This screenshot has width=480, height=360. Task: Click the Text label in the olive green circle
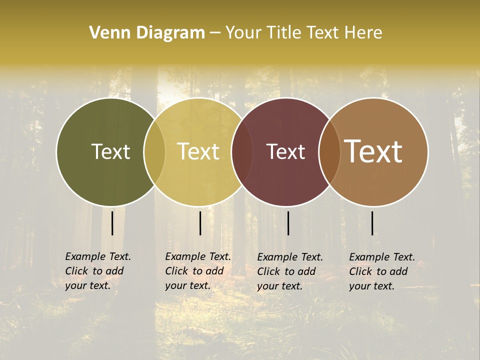point(110,151)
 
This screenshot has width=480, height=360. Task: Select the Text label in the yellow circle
point(198,151)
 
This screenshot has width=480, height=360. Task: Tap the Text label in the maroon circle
point(286,151)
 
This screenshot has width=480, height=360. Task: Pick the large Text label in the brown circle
point(373,151)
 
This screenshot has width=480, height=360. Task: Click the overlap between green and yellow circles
point(154,151)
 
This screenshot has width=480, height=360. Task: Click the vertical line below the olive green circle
point(112,223)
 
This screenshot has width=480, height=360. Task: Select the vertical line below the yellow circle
point(200,223)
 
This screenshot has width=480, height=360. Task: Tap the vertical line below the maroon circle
point(288,223)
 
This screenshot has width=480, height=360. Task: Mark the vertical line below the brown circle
point(372,223)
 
